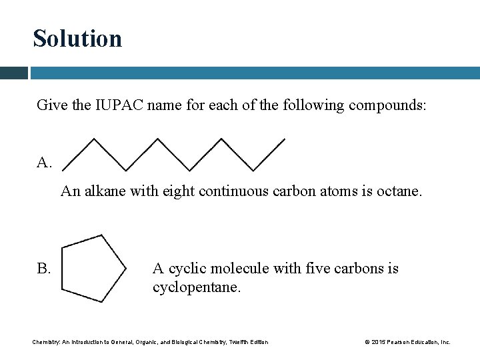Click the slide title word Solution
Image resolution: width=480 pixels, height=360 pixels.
click(x=77, y=39)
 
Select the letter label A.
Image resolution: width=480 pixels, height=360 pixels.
click(x=44, y=163)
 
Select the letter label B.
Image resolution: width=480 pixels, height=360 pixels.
click(x=44, y=269)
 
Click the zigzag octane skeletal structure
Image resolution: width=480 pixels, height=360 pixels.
click(x=173, y=154)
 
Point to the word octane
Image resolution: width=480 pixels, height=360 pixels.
click(x=400, y=191)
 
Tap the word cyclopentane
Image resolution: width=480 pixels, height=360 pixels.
click(x=196, y=287)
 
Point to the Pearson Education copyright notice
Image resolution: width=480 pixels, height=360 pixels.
click(x=407, y=342)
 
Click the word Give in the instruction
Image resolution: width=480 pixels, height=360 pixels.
click(x=49, y=105)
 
